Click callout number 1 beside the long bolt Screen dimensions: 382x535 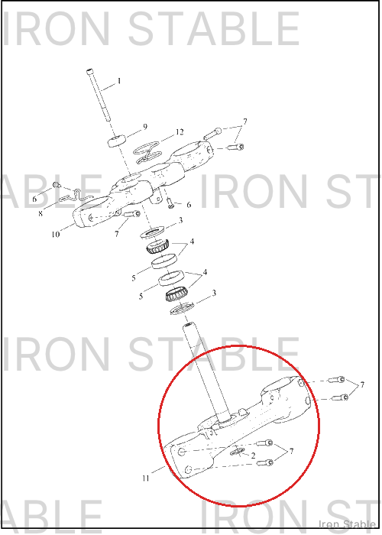pyautogui.click(x=119, y=81)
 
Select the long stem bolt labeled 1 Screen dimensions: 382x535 pyautogui.click(x=99, y=96)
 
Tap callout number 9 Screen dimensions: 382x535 pyautogui.click(x=145, y=127)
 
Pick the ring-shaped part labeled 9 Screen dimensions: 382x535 pyautogui.click(x=117, y=141)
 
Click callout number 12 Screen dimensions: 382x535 pyautogui.click(x=180, y=131)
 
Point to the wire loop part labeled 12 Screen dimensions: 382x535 pyautogui.click(x=147, y=152)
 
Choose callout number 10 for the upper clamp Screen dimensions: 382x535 pyautogui.click(x=55, y=235)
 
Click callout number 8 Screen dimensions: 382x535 pyautogui.click(x=40, y=213)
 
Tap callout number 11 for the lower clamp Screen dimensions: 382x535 pyautogui.click(x=146, y=478)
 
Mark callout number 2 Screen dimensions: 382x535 pyautogui.click(x=253, y=456)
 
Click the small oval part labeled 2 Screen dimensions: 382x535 pyautogui.click(x=237, y=452)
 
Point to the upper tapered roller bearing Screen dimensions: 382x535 pyautogui.click(x=157, y=245)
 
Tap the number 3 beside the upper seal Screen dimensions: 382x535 pyautogui.click(x=181, y=220)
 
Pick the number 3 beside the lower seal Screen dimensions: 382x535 pyautogui.click(x=214, y=293)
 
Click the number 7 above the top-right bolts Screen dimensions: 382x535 pyautogui.click(x=245, y=122)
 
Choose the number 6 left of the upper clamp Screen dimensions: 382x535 pyautogui.click(x=34, y=199)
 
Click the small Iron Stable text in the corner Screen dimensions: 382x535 pyautogui.click(x=347, y=524)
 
